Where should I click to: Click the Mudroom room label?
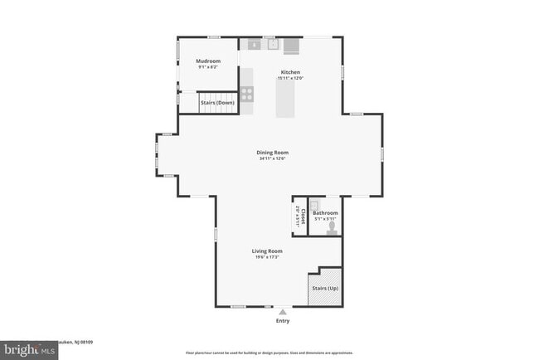coord(207,61)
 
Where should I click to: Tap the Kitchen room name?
coord(290,72)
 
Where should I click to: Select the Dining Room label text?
coord(271,153)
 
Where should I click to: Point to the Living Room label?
coord(267,251)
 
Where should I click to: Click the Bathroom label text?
coord(325,213)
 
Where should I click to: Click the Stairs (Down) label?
coord(217,103)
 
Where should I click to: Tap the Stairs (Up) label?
coord(324,288)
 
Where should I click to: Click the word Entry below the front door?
coord(284,321)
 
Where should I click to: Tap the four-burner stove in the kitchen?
coord(246,95)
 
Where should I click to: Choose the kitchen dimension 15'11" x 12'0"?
coord(290,78)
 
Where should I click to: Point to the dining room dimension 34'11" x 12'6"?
coord(271,158)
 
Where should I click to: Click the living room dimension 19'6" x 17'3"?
coord(267,256)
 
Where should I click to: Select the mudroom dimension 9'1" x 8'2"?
coord(207,67)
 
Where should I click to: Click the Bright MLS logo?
coord(29,351)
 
